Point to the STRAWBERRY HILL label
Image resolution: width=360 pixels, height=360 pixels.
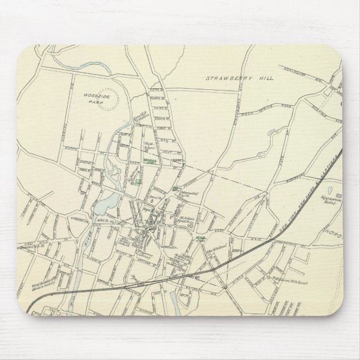[x=240, y=79]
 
